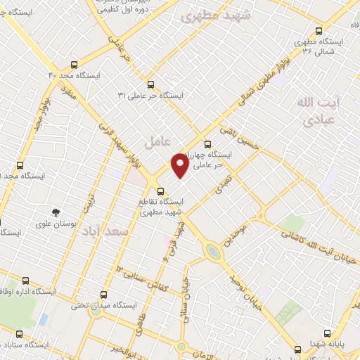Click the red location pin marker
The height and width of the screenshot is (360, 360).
(x=181, y=165)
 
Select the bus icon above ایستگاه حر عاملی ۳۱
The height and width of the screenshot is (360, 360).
(x=150, y=84)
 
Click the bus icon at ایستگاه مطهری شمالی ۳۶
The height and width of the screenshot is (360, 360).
(x=319, y=31)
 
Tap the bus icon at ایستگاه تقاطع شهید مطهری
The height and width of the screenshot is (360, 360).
(x=160, y=191)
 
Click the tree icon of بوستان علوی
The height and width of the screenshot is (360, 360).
(x=55, y=212)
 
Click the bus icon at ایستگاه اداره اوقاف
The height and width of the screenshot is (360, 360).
(x=25, y=280)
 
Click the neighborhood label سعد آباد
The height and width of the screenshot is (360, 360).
(x=104, y=231)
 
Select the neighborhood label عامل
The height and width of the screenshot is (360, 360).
(x=157, y=141)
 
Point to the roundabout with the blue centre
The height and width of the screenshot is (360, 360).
(x=212, y=251)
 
